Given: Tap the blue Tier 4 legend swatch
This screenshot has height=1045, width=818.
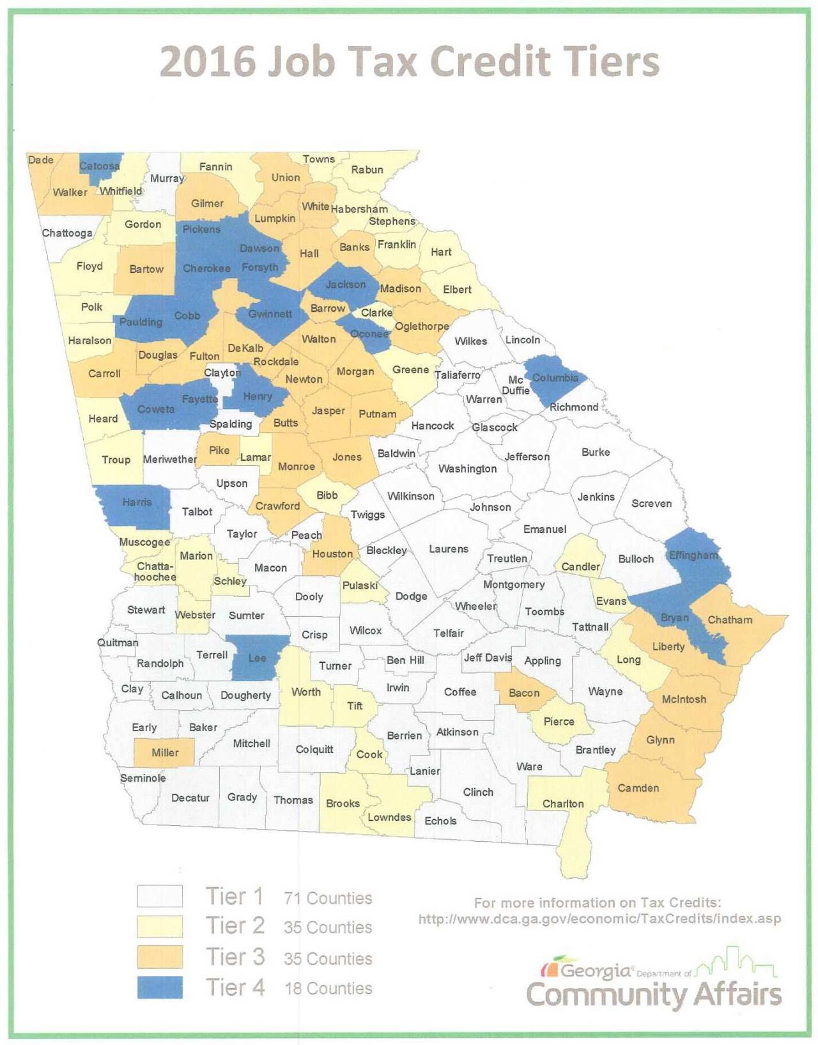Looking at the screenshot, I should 160,987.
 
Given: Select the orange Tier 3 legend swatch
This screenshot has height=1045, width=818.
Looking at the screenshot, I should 160,957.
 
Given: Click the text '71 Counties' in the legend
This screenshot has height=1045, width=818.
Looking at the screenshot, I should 328,898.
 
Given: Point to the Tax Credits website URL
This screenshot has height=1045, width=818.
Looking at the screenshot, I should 599,919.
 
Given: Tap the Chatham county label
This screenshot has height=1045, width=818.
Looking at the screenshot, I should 730,619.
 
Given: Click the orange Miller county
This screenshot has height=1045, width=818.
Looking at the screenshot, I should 164,753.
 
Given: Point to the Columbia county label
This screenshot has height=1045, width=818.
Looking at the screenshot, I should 555,378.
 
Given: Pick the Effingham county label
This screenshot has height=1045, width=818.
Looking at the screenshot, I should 693,555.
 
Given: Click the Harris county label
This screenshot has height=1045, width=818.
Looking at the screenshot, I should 137,502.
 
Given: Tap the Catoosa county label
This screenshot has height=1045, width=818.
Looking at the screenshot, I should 99,166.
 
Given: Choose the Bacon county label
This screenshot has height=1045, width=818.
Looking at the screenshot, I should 524,693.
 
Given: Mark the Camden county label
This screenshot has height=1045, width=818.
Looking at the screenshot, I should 638,788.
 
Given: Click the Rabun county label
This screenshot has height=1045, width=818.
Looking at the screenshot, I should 367,169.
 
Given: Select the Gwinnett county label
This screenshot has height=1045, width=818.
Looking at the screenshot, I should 270,314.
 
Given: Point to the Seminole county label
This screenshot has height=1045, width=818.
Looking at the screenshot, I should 143,778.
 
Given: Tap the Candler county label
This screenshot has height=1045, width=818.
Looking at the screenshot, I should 580,566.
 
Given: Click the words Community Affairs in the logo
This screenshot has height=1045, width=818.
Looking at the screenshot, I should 653,995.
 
